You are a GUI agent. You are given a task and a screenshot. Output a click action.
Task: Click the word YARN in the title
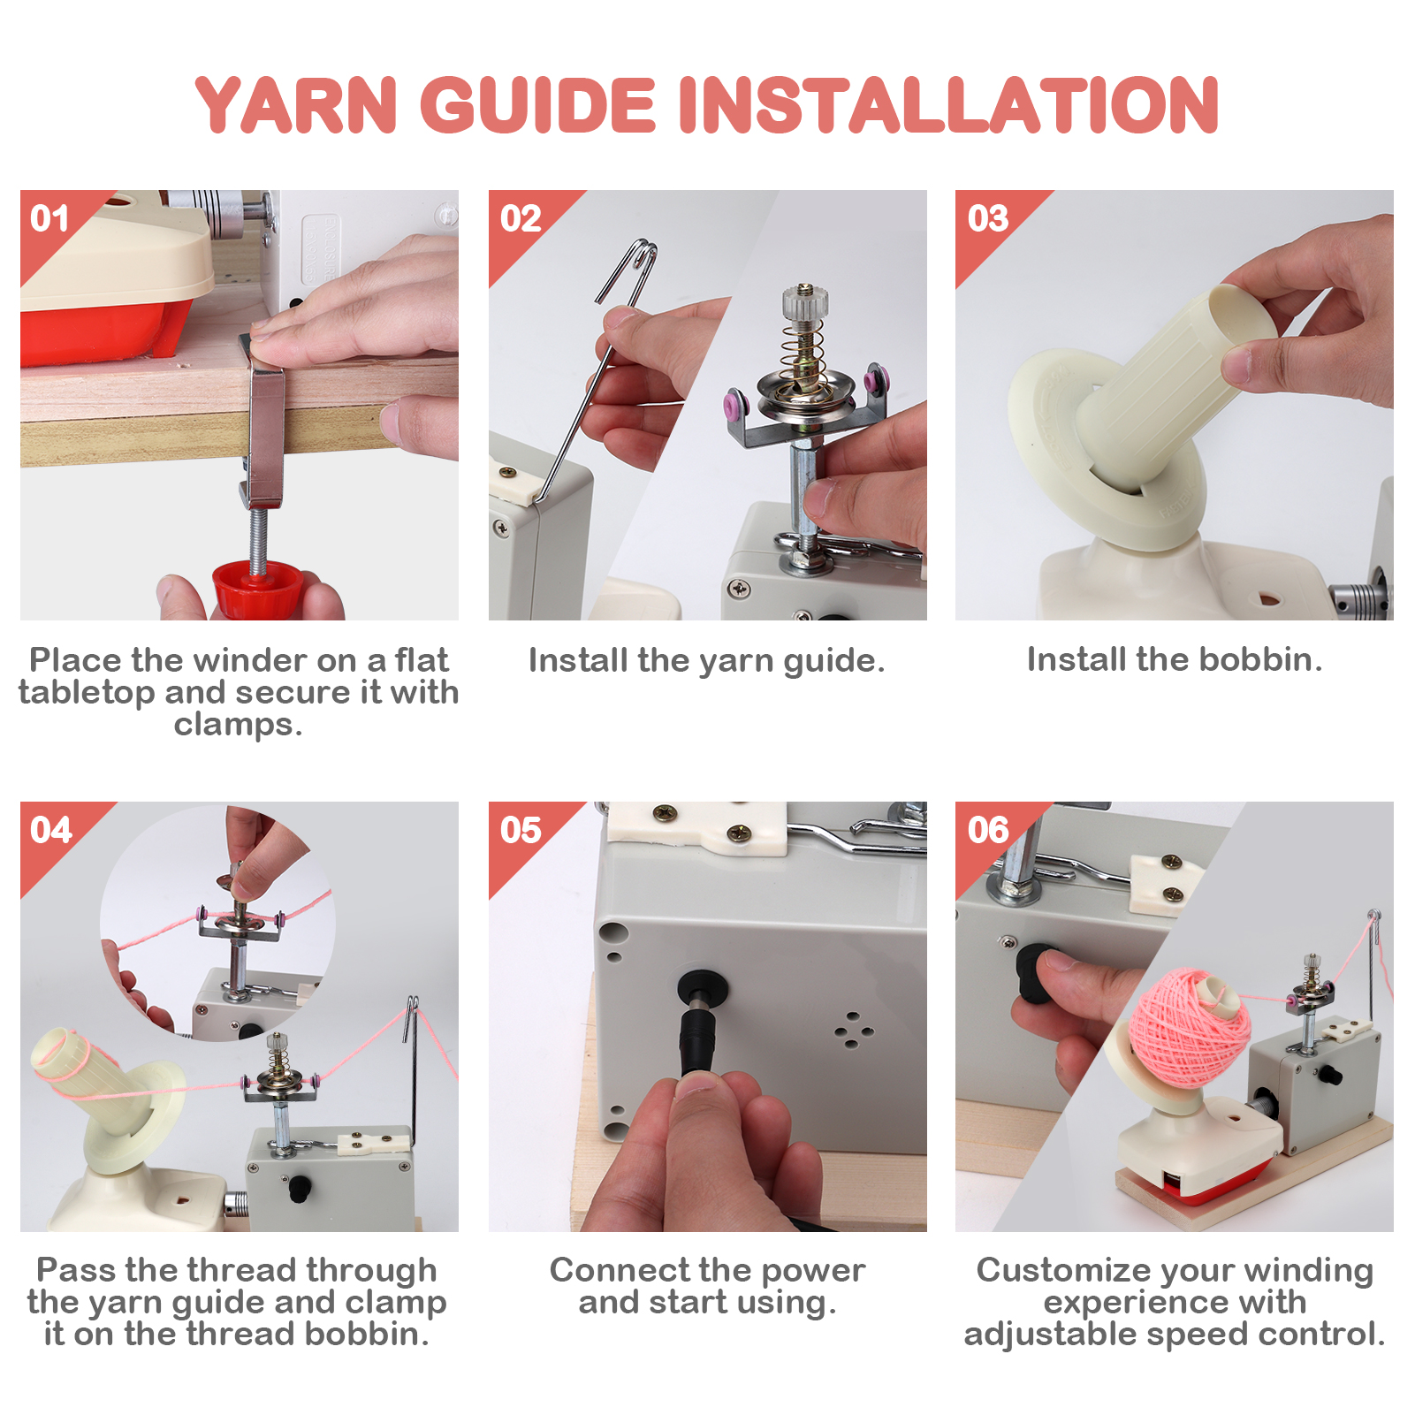tap(295, 106)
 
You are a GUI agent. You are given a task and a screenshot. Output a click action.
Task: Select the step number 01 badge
tap(49, 218)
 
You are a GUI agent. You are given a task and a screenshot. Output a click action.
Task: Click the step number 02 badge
tap(520, 218)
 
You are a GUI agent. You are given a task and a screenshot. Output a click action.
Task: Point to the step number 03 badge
tap(987, 218)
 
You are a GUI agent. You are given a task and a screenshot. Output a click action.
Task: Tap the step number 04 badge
tap(49, 830)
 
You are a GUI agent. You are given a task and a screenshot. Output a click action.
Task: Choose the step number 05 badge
tap(520, 830)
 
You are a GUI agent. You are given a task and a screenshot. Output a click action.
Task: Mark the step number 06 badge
tap(987, 830)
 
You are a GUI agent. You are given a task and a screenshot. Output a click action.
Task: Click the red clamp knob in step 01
tap(258, 590)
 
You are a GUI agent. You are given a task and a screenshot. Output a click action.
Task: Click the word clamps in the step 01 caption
tap(237, 725)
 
